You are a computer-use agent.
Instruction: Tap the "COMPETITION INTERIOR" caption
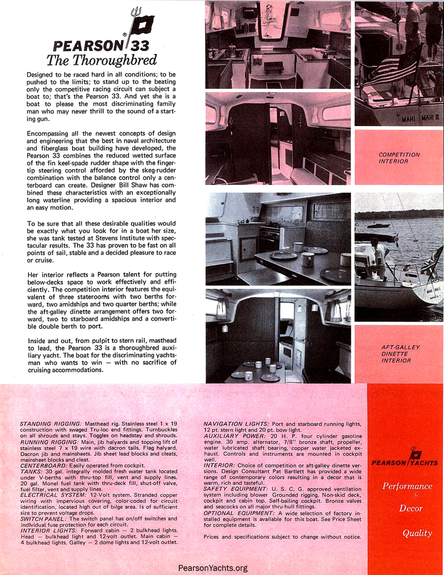coord(399,158)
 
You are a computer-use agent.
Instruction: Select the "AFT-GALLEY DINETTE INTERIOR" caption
coord(399,354)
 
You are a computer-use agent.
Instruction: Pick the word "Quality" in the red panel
coord(417,533)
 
